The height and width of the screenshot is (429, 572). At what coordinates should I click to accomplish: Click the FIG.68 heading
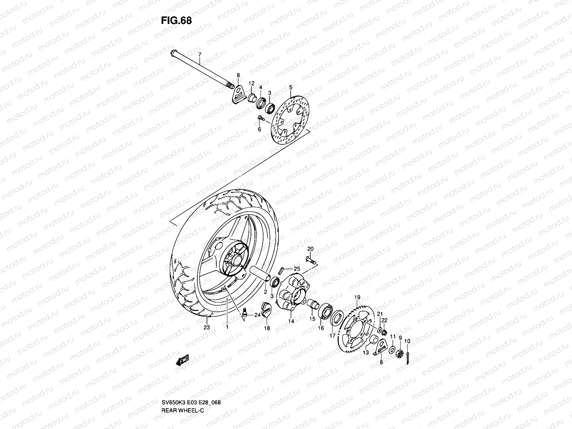point(176,20)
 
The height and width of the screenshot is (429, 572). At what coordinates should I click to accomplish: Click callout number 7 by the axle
point(200,54)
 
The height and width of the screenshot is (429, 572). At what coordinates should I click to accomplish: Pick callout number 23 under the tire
point(207,327)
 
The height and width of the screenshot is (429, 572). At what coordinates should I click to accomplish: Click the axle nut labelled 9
point(400,354)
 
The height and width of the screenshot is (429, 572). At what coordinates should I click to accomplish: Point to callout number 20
point(310,248)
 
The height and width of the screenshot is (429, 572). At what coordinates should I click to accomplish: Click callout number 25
point(297,268)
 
